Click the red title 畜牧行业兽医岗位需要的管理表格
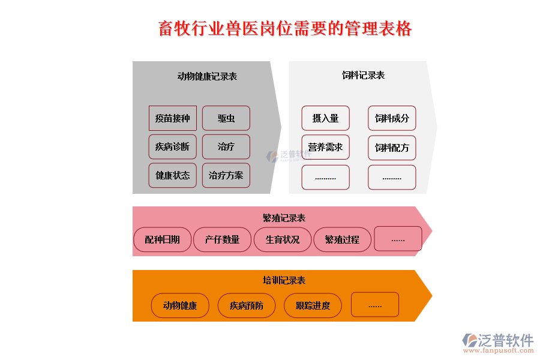(285, 28)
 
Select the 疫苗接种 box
(172, 118)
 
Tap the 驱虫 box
(226, 118)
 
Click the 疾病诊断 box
(172, 146)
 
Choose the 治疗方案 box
(226, 175)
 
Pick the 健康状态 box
(172, 175)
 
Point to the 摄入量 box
(325, 118)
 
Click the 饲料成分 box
(392, 118)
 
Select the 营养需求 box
(325, 147)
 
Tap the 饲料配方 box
(392, 148)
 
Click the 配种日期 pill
(162, 239)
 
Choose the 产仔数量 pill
(222, 239)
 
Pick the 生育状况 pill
(283, 239)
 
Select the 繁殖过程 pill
(342, 239)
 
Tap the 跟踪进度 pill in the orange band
(313, 305)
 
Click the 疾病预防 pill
(246, 305)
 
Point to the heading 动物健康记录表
(207, 76)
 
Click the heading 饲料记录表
(363, 75)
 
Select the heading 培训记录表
(284, 280)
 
